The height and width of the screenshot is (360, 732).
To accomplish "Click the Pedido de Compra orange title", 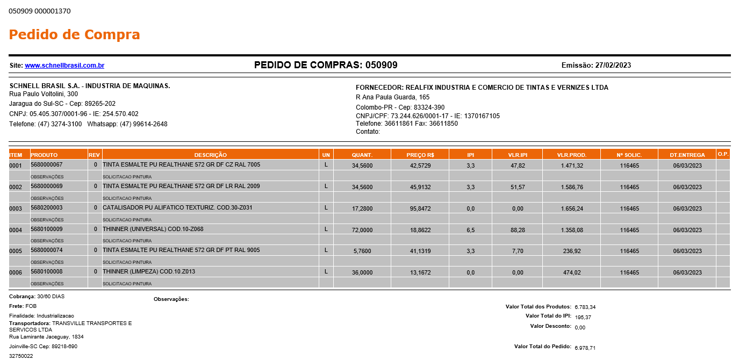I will [x=74, y=35].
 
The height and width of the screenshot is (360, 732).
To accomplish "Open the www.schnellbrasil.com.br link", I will [x=64, y=66].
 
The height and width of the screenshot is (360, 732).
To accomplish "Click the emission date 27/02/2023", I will [x=613, y=66].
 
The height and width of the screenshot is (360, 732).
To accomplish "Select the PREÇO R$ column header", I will [x=420, y=155].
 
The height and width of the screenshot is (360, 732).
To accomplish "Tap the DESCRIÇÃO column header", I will [x=210, y=155].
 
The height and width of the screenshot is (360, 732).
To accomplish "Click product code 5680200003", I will [x=47, y=207].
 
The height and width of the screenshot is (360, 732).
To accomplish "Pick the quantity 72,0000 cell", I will [x=362, y=230].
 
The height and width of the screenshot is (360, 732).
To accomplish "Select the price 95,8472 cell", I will [x=420, y=208].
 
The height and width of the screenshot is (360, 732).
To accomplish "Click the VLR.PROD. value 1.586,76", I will [x=571, y=187].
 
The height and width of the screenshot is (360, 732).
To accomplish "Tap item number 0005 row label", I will [x=16, y=251].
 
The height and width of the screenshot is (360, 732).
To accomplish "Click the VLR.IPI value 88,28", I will [x=517, y=230].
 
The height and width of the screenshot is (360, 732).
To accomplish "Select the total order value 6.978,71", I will [x=585, y=348].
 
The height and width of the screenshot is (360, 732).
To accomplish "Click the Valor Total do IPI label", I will [x=548, y=316].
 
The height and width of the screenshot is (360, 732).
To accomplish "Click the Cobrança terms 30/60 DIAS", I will [x=51, y=296].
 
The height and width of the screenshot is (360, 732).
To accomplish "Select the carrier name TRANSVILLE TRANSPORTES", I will [x=91, y=323].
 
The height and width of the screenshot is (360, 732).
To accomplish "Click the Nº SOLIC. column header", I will [x=629, y=155].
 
